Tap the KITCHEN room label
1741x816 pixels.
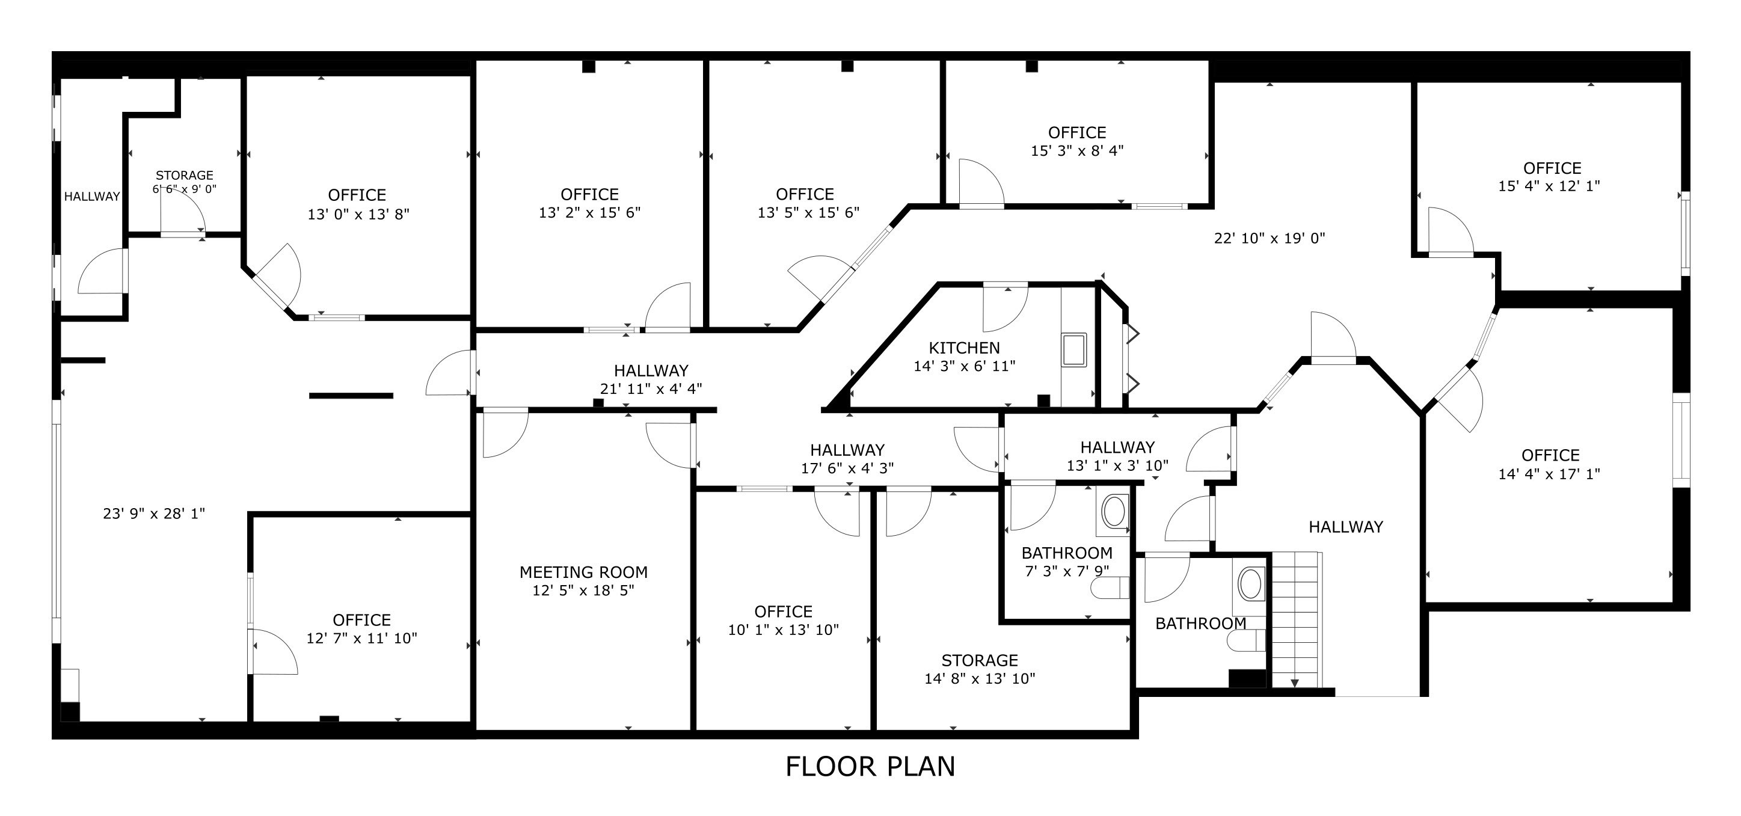tap(964, 348)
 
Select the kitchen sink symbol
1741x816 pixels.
tap(1073, 349)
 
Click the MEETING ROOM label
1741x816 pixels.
tap(583, 572)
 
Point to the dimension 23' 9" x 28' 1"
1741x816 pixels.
tap(153, 514)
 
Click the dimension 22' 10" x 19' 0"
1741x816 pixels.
tap(1270, 239)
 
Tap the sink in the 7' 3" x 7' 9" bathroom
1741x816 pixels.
tap(1114, 511)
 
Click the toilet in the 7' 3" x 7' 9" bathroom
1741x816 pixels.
tap(1110, 587)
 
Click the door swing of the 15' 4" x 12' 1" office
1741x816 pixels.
tap(1448, 232)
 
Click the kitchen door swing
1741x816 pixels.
tap(1004, 308)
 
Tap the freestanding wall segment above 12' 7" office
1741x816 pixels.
tap(351, 396)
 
